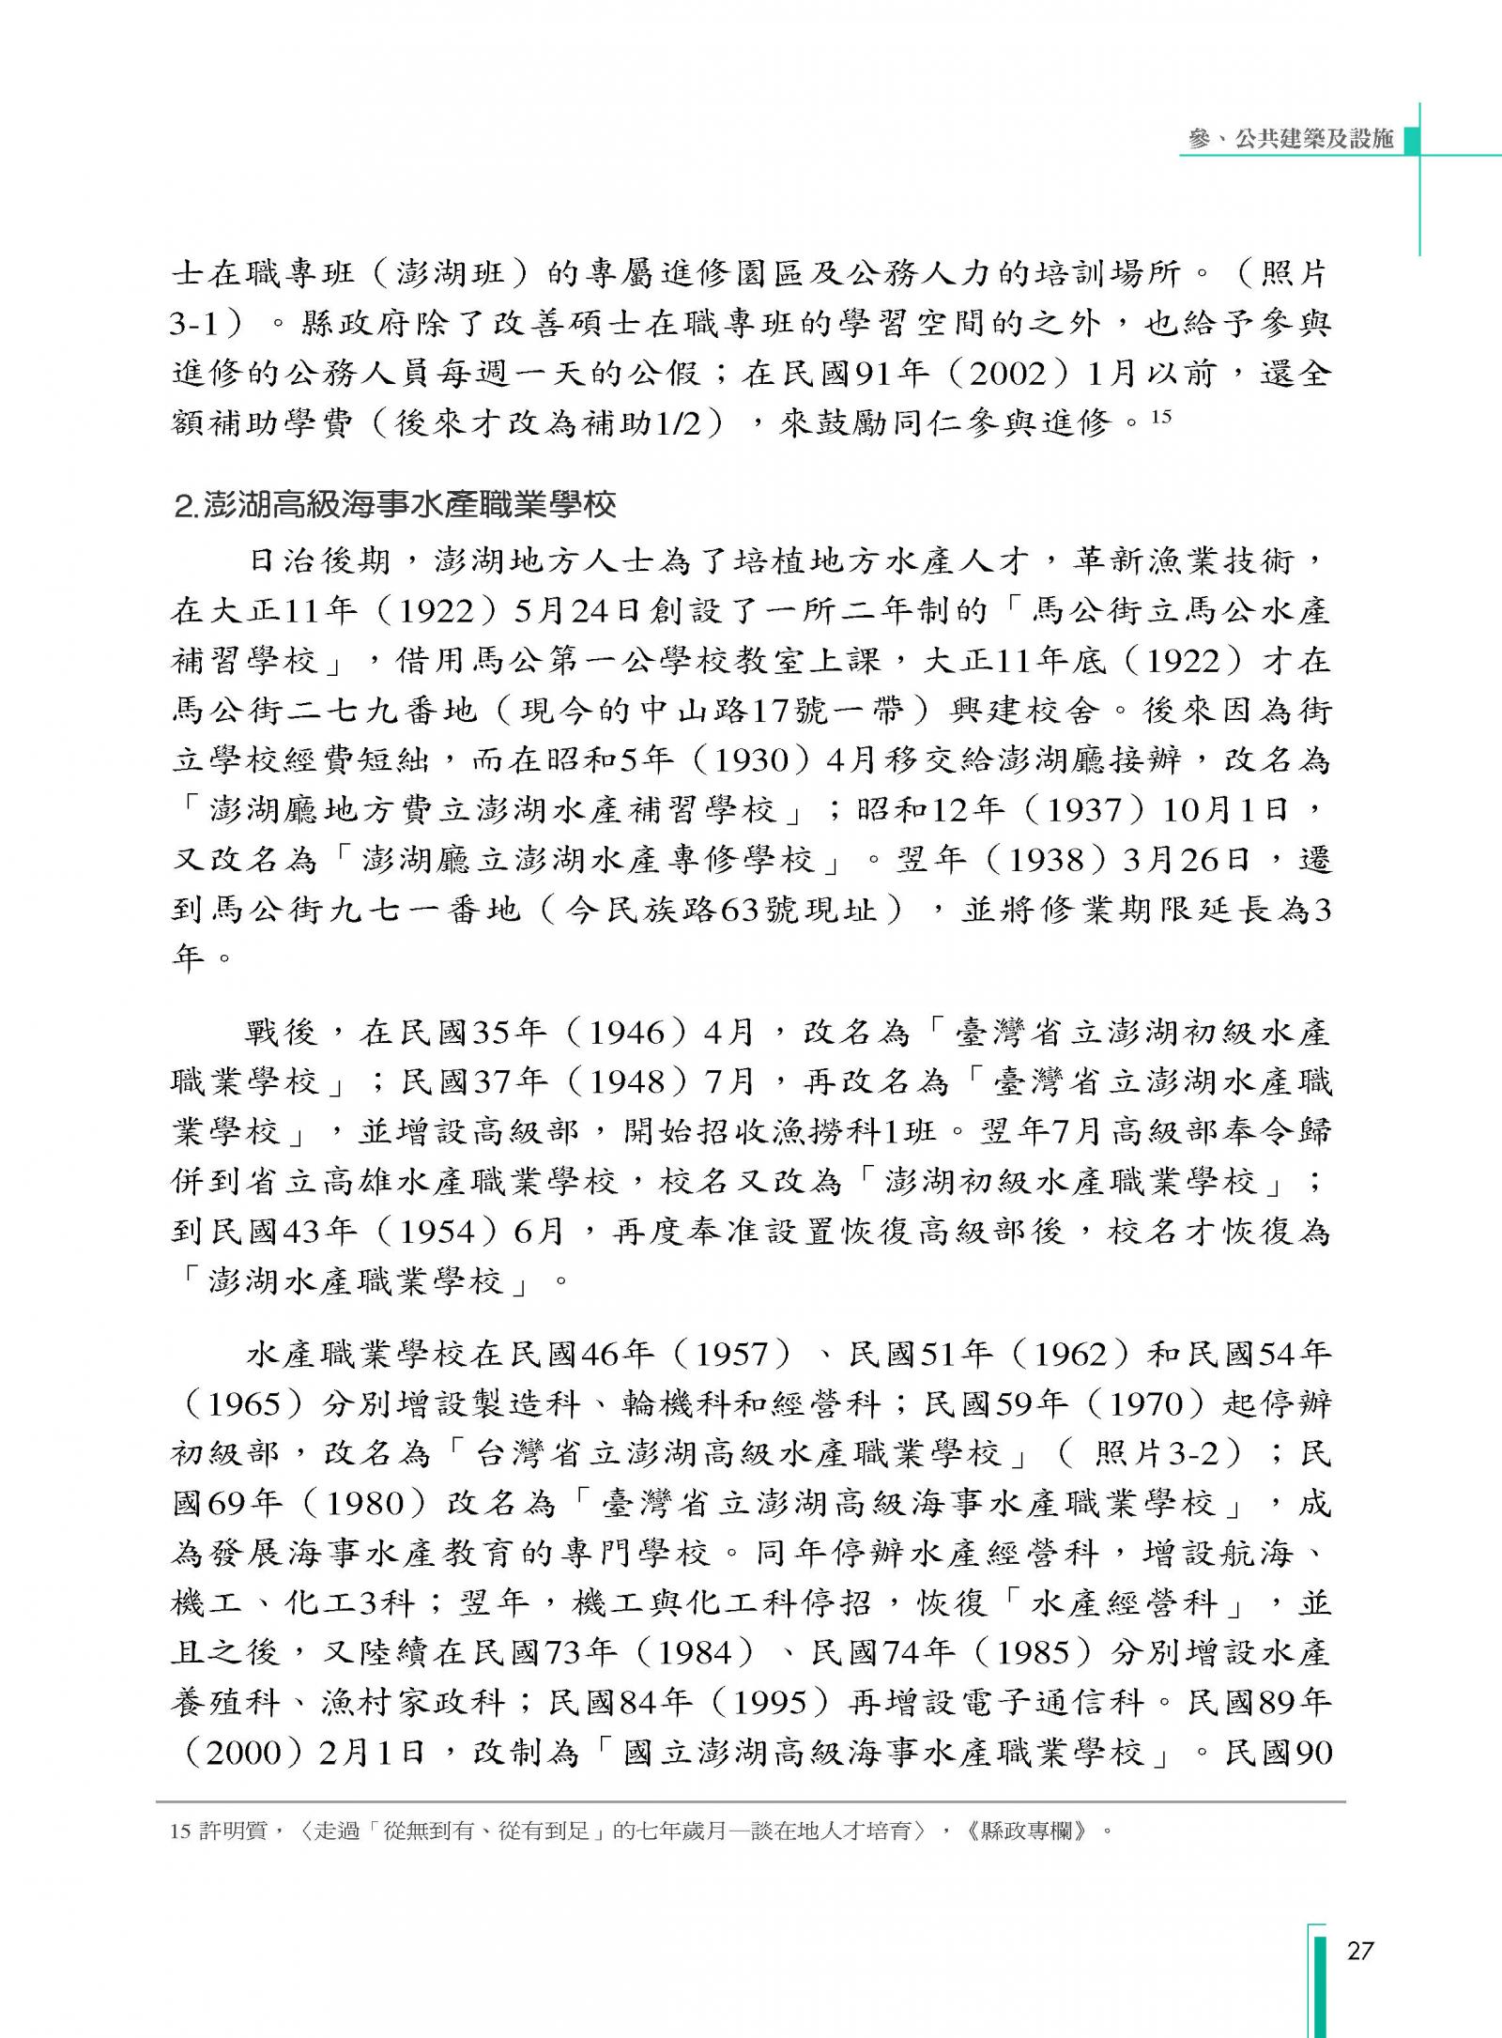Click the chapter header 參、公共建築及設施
coord(1290,139)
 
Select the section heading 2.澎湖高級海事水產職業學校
coord(395,506)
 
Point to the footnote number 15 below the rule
coord(180,1831)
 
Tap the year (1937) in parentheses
coord(1083,809)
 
